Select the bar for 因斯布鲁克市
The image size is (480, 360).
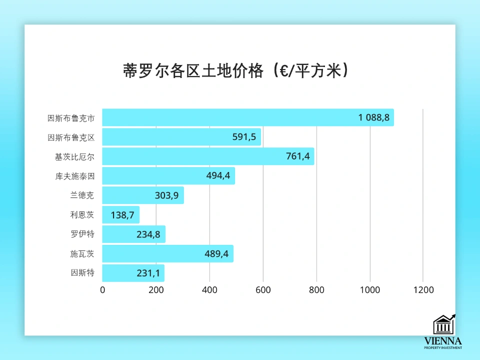tap(247, 117)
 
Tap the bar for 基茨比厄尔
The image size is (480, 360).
tap(207, 156)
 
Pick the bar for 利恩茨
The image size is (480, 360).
tap(120, 215)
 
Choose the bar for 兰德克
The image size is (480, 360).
tap(142, 195)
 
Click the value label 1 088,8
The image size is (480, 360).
tap(374, 117)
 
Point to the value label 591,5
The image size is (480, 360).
tap(244, 137)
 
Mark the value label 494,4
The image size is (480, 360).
tap(218, 176)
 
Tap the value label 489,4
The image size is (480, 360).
tap(216, 254)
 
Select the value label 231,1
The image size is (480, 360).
tap(148, 273)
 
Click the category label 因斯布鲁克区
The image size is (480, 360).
tap(71, 137)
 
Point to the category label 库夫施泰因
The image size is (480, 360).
tap(75, 176)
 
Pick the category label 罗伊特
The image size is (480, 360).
tap(82, 234)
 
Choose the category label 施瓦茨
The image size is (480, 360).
tap(82, 254)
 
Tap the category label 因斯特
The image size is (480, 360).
tap(82, 273)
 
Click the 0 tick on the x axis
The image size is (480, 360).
tap(102, 290)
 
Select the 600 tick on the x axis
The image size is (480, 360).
tap(263, 290)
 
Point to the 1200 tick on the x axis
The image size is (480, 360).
tap(423, 290)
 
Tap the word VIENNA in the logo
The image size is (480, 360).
tap(443, 341)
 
